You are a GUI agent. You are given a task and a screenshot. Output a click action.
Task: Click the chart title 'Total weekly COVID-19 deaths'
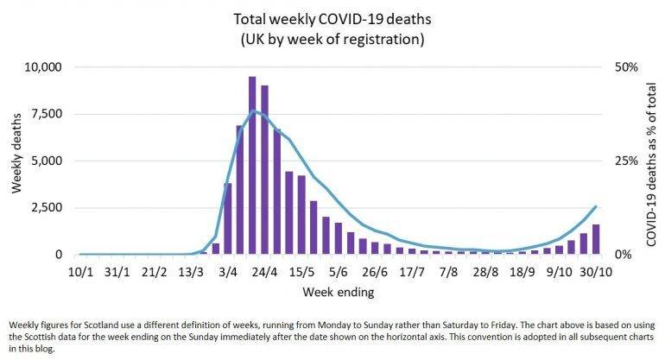click(x=332, y=16)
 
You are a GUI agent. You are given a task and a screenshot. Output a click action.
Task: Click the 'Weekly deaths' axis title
click(x=16, y=161)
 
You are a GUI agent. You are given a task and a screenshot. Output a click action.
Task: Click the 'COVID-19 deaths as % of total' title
click(x=649, y=161)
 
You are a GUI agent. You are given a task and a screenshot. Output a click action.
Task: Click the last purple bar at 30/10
click(x=596, y=239)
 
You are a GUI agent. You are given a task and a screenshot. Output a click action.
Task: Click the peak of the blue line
click(x=253, y=111)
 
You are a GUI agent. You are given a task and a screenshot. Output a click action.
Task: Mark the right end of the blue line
click(x=596, y=205)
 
